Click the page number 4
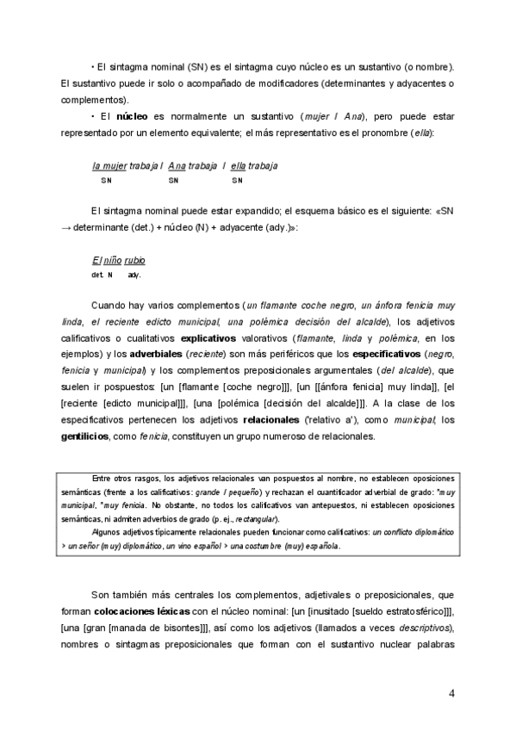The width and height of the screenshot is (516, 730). pos(452,693)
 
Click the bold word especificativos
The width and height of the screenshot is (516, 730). pos(376,355)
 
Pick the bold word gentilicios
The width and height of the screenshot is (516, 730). pos(84,436)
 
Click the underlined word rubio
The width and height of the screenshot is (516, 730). pos(134,261)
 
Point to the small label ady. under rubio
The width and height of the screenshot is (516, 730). pos(134,275)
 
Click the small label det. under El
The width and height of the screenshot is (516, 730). pos(96,275)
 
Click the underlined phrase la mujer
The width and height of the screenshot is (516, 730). pos(109,165)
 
